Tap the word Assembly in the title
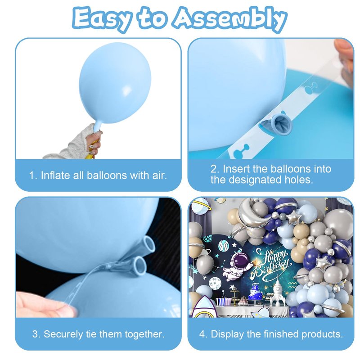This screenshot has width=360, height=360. [x=230, y=19]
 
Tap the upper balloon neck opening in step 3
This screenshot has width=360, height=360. [x=148, y=244]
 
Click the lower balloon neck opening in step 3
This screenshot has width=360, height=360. [x=139, y=265]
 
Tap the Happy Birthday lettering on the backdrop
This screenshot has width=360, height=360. [x=271, y=264]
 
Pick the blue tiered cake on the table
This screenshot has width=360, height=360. [x=255, y=292]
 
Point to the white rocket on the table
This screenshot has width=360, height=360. [x=277, y=292]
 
